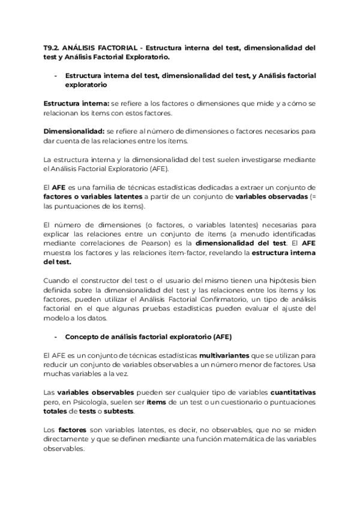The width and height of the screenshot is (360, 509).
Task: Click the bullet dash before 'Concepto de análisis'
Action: pos(56,337)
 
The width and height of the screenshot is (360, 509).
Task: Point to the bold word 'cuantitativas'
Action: pos(293,393)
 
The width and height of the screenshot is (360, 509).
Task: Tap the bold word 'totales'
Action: pos(56,411)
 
